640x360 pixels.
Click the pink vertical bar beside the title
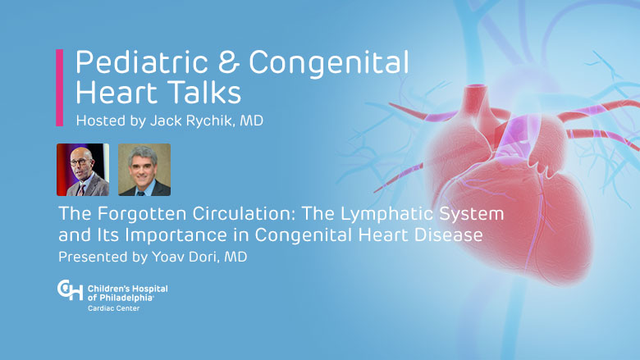pos(60,88)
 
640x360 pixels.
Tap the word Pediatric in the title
pos(142,62)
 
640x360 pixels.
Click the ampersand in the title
pos(228,62)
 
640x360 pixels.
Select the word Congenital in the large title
pos(328,63)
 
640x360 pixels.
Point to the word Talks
pos(206,92)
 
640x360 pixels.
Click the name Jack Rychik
pos(192,121)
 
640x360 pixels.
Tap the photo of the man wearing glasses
pos(83,170)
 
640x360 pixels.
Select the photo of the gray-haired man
pos(144,170)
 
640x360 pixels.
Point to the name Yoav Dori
pos(185,257)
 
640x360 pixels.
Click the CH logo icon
pos(70,289)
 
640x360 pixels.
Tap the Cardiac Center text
pos(113,308)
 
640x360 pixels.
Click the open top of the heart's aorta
pos(476,87)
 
